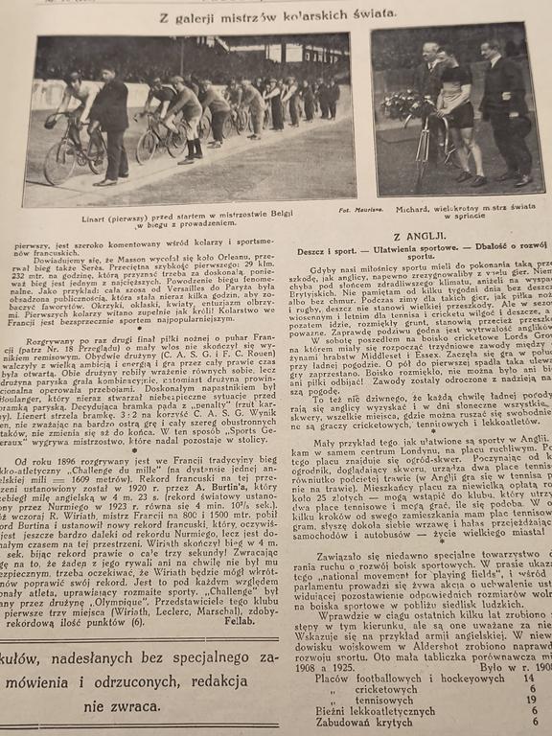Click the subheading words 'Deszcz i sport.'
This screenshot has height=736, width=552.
point(342,249)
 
